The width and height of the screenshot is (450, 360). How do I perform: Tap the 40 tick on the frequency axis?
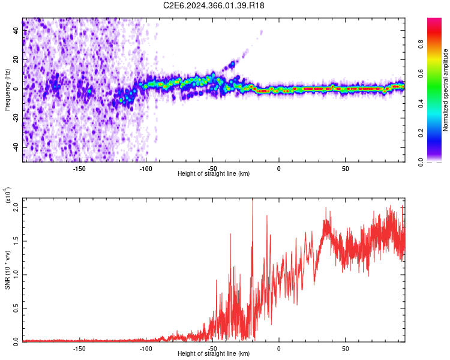(16, 31)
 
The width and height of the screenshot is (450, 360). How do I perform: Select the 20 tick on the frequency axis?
(16, 59)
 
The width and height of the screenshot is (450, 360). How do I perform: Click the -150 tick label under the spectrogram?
(79, 168)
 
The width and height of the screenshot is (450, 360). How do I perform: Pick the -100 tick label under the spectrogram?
(146, 168)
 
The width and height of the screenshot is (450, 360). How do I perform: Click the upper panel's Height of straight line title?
(214, 174)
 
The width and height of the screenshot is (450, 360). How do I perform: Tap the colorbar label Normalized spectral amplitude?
(446, 90)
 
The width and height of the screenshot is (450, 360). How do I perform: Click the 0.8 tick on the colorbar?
(437, 44)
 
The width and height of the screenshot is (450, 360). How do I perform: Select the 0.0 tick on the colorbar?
(437, 161)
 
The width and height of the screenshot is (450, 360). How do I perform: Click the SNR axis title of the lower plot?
(8, 270)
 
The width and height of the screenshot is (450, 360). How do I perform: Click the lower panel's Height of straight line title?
(214, 354)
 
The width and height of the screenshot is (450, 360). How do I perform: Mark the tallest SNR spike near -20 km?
(253, 201)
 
